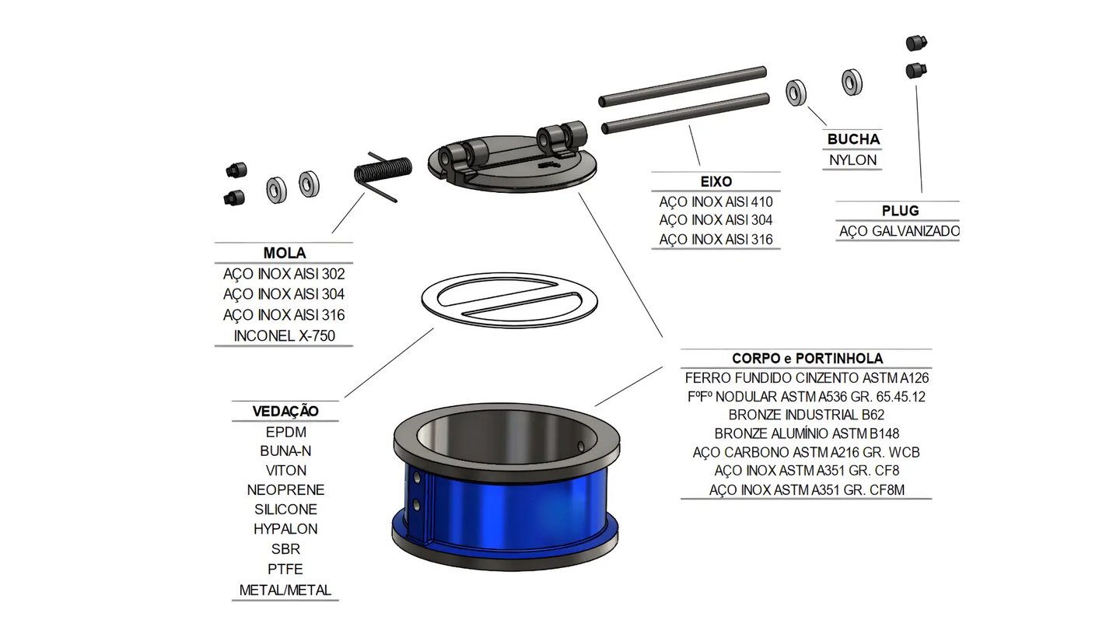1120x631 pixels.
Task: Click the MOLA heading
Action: click(284, 254)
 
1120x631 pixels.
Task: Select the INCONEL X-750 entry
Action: click(284, 336)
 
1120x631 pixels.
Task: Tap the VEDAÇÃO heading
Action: click(285, 412)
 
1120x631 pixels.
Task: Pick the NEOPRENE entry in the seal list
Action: click(285, 490)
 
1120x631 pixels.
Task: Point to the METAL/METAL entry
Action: click(285, 590)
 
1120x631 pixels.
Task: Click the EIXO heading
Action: click(716, 181)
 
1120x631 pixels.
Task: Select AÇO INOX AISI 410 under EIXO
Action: click(716, 202)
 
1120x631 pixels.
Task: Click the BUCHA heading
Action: click(853, 140)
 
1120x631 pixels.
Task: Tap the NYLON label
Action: click(853, 160)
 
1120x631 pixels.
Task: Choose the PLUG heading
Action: click(900, 211)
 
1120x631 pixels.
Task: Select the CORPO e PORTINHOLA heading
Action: click(807, 359)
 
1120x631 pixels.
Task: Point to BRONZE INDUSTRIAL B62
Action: click(807, 415)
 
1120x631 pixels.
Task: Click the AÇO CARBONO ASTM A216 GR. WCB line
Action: click(807, 452)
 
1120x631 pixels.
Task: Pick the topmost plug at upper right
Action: click(916, 43)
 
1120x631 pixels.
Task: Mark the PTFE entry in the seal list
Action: click(285, 570)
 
